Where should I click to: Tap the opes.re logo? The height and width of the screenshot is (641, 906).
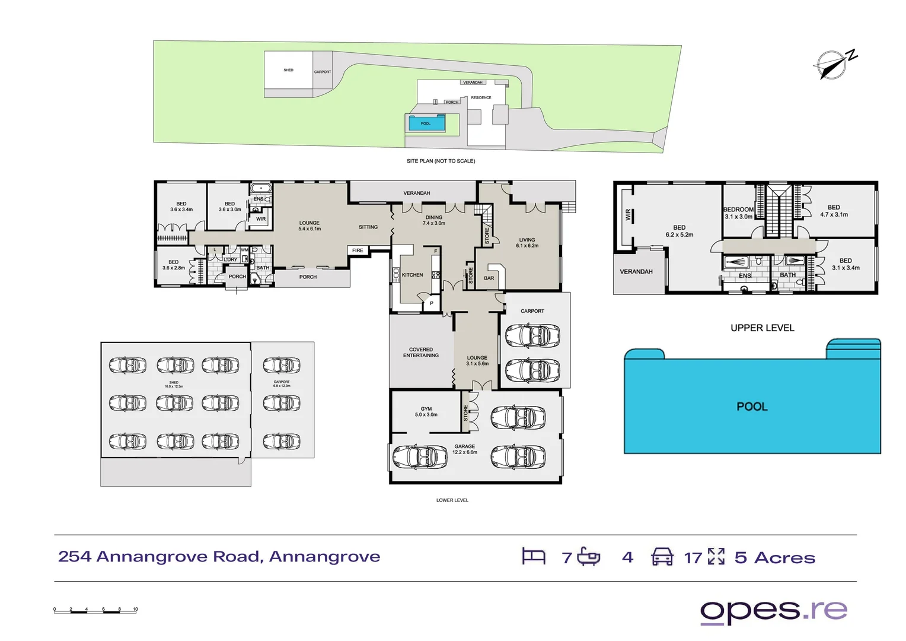[x=774, y=611]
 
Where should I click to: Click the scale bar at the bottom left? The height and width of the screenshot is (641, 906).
[x=95, y=610]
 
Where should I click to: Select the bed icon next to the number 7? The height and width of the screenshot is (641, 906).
[x=533, y=556]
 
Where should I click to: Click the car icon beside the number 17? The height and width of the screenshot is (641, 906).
[x=662, y=557]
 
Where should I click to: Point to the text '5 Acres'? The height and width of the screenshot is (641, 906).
[x=774, y=558]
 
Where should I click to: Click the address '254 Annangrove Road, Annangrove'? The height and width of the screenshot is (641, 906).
[x=219, y=557]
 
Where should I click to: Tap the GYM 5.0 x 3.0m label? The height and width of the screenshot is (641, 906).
[x=426, y=412]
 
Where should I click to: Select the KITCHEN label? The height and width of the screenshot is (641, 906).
[x=412, y=275]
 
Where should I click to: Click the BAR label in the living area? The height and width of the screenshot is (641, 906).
[x=489, y=278]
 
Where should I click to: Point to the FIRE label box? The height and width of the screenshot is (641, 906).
[x=358, y=250]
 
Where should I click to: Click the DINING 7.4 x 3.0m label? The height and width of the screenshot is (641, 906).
[x=433, y=220]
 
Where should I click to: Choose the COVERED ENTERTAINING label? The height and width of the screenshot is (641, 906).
[x=421, y=353]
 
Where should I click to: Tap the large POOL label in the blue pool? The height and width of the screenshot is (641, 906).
[x=752, y=407]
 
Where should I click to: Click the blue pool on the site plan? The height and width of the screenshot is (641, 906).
[x=426, y=123]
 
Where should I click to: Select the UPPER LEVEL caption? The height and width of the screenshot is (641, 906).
[x=762, y=328]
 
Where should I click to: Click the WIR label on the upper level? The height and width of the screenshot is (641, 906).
[x=628, y=215]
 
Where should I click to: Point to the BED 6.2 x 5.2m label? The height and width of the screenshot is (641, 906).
[x=679, y=231]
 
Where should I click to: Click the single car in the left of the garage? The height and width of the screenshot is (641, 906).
[x=420, y=457]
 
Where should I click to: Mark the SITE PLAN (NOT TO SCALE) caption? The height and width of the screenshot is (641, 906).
[x=441, y=161]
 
